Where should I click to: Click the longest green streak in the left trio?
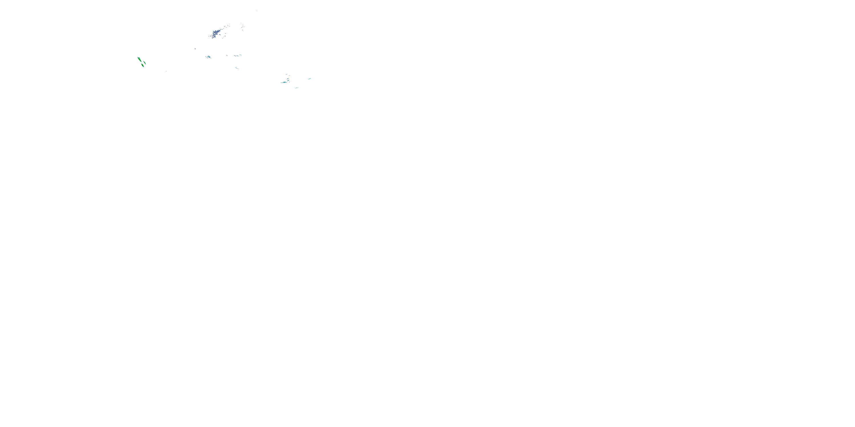139,59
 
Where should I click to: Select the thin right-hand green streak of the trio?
145,63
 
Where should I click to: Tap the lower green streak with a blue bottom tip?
142,65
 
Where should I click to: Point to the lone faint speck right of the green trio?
166,71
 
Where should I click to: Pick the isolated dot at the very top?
256,11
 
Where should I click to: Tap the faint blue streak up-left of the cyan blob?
195,49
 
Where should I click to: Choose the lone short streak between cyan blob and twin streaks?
227,55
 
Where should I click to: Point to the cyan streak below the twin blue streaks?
236,68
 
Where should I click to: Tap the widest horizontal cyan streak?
284,82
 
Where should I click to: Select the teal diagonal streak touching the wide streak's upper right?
288,80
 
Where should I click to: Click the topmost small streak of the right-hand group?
287,75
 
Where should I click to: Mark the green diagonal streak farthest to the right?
310,79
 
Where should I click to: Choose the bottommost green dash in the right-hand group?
296,88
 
